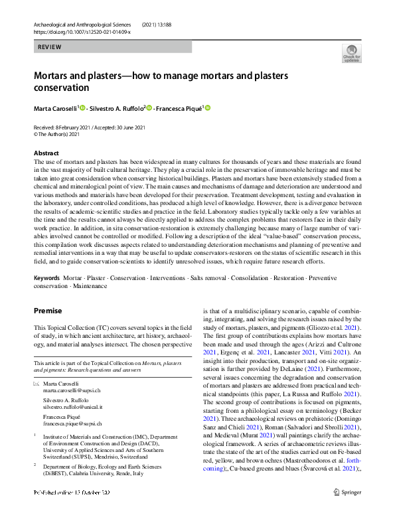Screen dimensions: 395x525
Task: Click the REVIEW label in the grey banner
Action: coord(50,47)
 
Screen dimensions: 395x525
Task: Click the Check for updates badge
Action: coord(351,54)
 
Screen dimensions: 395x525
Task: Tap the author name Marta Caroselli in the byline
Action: coord(56,108)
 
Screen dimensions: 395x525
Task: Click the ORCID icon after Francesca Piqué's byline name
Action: coord(207,108)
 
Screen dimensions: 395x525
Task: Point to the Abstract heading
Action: coord(46,153)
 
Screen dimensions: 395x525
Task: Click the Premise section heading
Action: coord(48,311)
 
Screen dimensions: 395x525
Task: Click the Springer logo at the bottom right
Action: coord(347,512)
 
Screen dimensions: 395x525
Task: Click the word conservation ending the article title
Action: coord(61,88)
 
